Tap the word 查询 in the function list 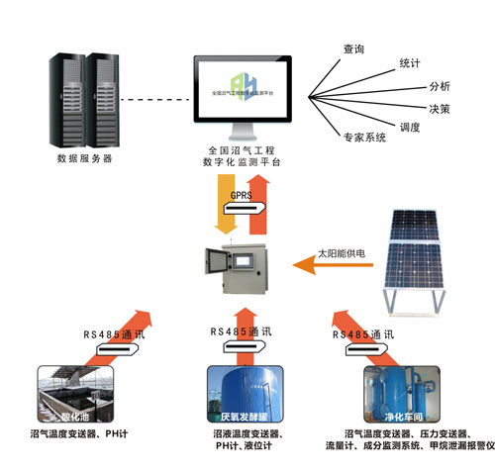point(354,47)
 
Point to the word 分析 point(438,85)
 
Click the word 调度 point(410,127)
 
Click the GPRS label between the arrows point(243,196)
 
